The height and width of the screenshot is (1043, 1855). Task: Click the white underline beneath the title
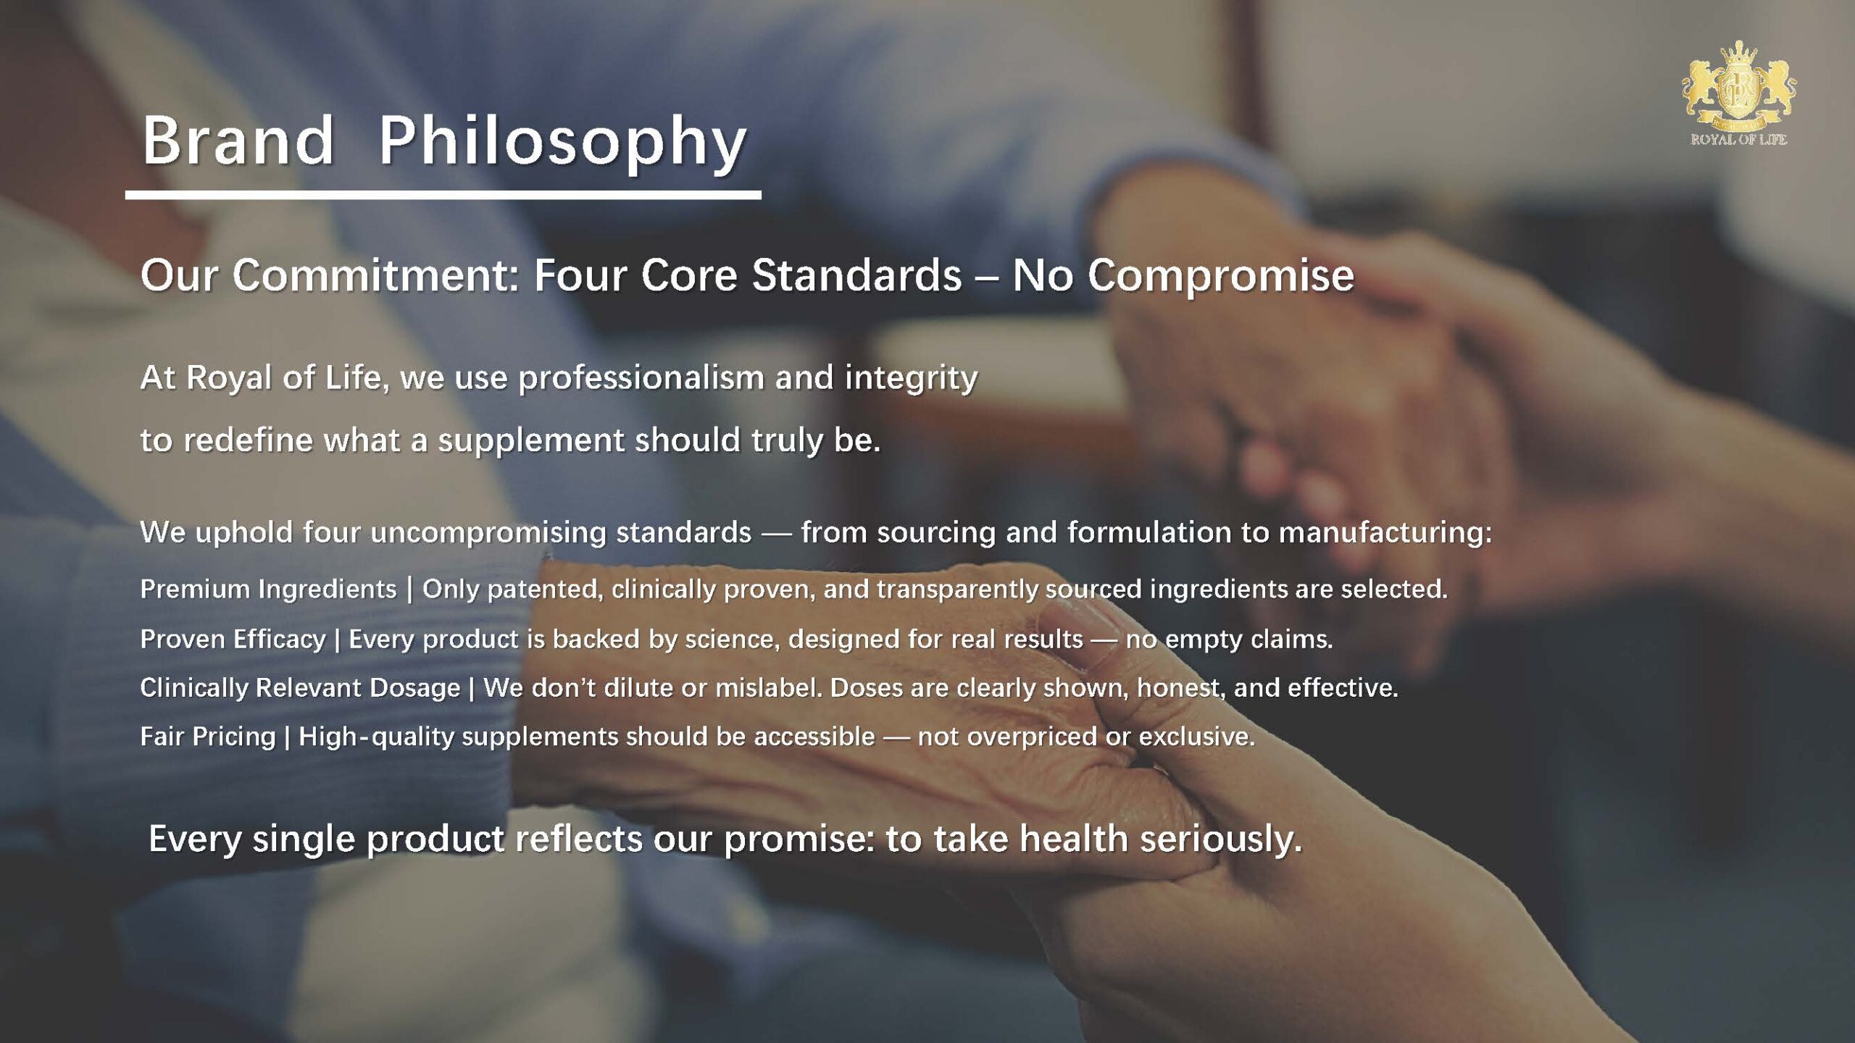(x=443, y=194)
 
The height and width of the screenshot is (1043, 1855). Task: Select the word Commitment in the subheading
(x=376, y=276)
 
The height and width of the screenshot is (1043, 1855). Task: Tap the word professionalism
(x=640, y=379)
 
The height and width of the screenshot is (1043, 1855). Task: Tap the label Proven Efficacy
(x=233, y=640)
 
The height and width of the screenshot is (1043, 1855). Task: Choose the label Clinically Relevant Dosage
(x=300, y=688)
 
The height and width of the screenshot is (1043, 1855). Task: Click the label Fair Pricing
(x=208, y=737)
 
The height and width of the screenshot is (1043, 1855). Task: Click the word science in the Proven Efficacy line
(x=733, y=640)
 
